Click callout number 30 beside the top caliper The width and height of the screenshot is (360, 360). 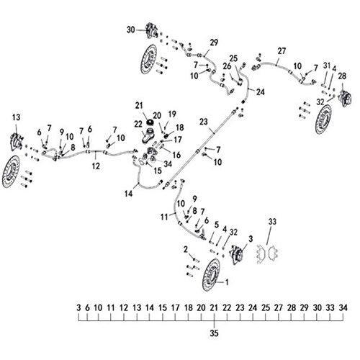click(x=131, y=30)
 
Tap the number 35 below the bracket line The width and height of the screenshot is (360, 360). click(x=214, y=333)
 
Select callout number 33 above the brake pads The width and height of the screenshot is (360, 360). click(x=272, y=222)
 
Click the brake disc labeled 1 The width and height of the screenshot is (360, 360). click(x=211, y=275)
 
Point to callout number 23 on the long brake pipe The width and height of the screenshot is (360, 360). click(x=203, y=122)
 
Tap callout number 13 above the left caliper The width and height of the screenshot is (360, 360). click(x=17, y=117)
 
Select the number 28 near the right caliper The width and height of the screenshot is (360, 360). click(x=342, y=76)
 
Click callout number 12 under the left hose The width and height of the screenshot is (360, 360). click(x=96, y=166)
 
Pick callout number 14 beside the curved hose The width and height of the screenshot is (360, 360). click(x=129, y=194)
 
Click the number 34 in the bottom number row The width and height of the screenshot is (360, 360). click(x=343, y=307)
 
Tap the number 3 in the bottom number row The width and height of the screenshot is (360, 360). click(x=78, y=307)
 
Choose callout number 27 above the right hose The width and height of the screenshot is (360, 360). click(x=282, y=51)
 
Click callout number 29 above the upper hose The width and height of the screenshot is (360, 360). click(x=214, y=42)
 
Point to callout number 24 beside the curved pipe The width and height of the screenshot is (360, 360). click(x=260, y=92)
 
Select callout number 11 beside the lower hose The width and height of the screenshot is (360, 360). click(x=164, y=217)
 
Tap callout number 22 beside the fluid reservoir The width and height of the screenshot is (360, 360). click(x=138, y=124)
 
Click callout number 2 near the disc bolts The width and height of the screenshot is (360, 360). click(x=186, y=250)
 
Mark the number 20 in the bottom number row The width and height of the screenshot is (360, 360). click(x=201, y=307)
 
